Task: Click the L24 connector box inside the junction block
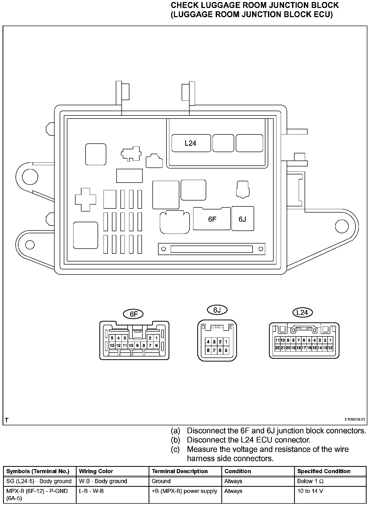tap(191, 143)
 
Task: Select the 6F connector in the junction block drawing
tap(212, 219)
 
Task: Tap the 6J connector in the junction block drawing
tap(243, 219)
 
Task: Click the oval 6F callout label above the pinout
tap(134, 314)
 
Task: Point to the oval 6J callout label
tap(217, 310)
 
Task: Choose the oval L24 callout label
tap(302, 312)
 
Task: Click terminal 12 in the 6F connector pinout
tap(118, 345)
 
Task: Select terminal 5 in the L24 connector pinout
tap(309, 340)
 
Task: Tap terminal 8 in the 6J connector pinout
tap(208, 351)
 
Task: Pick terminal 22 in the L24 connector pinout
tap(277, 348)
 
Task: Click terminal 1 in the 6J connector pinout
tap(226, 342)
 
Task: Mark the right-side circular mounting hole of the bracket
tap(342, 226)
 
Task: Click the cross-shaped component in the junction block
tap(86, 199)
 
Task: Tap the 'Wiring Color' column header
tap(96, 471)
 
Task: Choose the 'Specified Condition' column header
tap(324, 471)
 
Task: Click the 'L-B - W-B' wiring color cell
tap(91, 491)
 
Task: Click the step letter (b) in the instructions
tap(175, 440)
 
